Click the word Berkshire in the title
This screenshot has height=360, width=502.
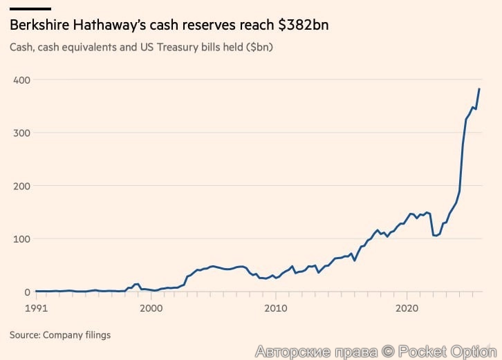(39, 25)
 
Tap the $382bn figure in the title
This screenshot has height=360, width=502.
(303, 25)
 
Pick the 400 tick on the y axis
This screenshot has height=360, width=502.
(21, 79)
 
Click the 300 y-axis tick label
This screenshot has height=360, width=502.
(21, 133)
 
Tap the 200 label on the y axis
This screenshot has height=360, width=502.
(21, 186)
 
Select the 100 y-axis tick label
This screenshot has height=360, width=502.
(21, 239)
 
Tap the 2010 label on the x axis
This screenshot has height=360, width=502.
(275, 308)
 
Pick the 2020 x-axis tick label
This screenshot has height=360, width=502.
(407, 308)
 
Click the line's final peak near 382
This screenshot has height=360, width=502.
(479, 89)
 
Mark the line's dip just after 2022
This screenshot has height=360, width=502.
(436, 236)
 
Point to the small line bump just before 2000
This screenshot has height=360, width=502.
(137, 284)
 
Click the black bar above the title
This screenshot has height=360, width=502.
(30, 9)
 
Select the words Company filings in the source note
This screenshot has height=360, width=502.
(77, 335)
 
